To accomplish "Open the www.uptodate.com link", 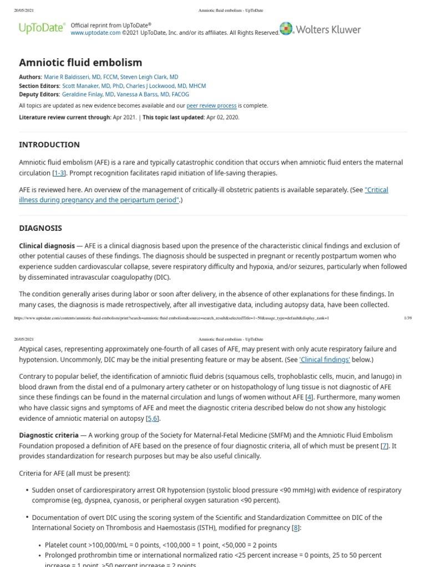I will click(95, 33).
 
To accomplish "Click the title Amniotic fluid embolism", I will click(80, 63).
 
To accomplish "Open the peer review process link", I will click(211, 106).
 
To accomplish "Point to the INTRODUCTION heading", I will click(49, 145).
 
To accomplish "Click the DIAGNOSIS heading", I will click(40, 228).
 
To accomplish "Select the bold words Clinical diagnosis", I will click(47, 246).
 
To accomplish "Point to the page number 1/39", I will click(408, 318).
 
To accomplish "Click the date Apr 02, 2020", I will click(222, 118).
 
